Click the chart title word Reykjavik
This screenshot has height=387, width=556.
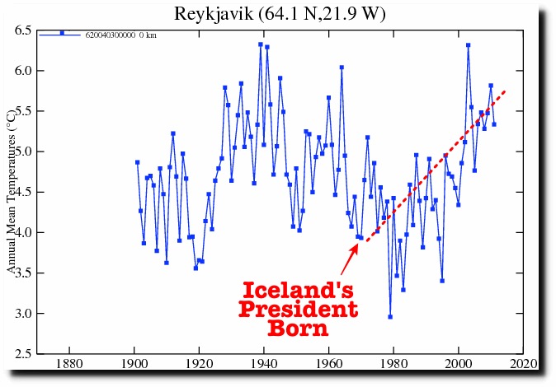[214, 14]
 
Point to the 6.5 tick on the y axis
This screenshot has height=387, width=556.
[23, 30]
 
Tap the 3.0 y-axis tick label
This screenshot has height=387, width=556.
[23, 314]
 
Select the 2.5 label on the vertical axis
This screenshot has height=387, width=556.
[23, 354]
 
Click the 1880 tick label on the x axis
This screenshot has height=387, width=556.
[69, 364]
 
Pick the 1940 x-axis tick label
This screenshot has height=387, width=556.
[264, 364]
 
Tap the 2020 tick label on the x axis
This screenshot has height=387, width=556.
[523, 364]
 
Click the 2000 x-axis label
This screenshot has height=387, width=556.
[459, 364]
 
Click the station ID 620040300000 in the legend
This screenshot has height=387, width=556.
[111, 35]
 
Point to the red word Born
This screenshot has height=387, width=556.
[298, 329]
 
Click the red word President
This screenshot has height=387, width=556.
[298, 309]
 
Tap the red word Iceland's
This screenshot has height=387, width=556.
[298, 290]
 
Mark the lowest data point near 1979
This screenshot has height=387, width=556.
[390, 317]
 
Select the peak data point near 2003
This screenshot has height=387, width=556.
[468, 45]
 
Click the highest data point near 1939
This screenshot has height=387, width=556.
[261, 44]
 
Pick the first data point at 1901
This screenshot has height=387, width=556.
[137, 162]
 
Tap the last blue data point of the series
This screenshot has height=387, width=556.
[494, 124]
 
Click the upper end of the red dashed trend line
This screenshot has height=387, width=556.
[505, 91]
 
